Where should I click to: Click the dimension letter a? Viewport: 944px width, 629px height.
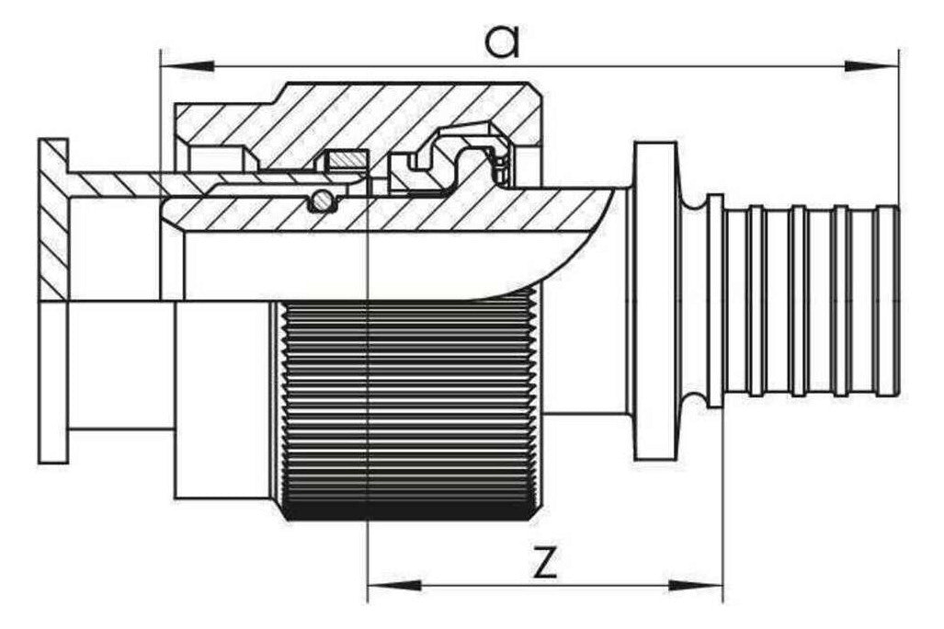503,42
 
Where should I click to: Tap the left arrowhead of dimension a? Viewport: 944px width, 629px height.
188,65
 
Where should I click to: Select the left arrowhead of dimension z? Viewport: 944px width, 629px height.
394,585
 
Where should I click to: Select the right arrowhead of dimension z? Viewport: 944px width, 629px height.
695,585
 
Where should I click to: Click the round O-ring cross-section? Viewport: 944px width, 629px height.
322,200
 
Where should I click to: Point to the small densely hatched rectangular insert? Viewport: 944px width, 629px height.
347,160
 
